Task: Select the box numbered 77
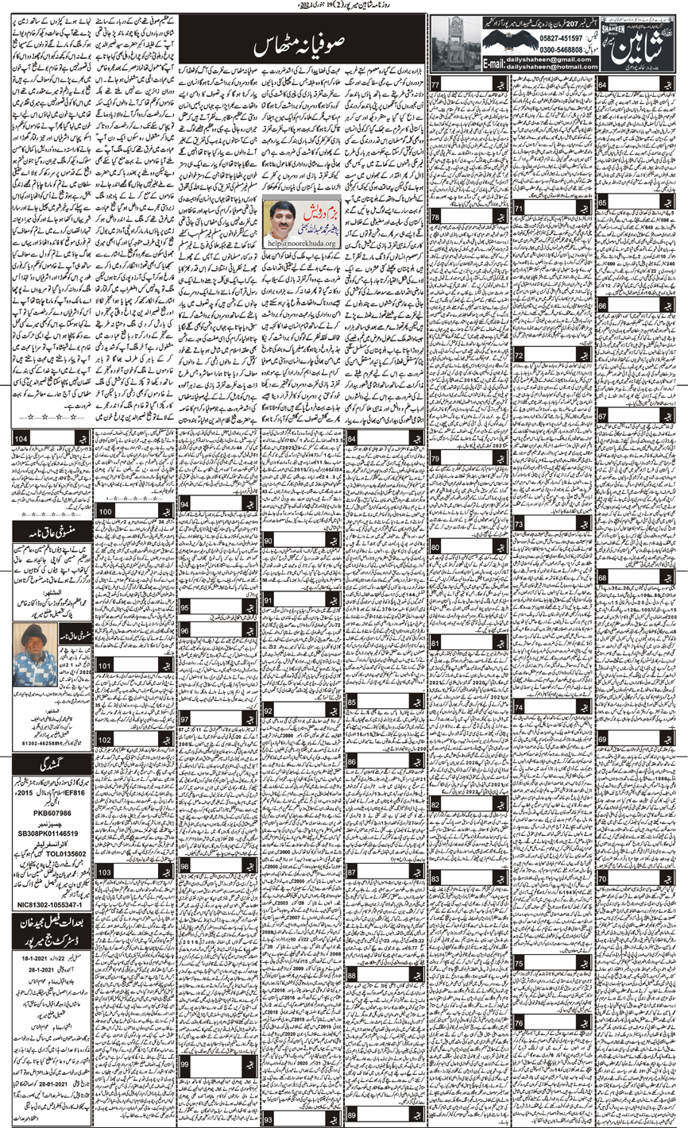click(436, 85)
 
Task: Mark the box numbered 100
click(106, 513)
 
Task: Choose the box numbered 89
click(352, 1117)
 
